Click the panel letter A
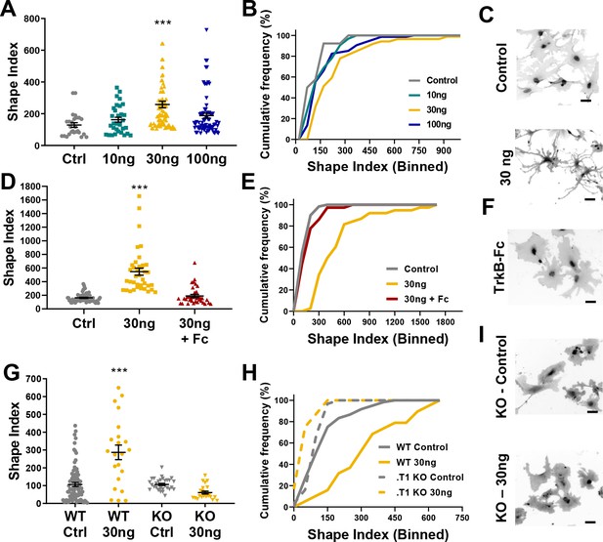coord(8,9)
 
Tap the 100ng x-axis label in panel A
coord(206,159)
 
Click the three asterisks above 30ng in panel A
coord(162,23)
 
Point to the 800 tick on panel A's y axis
coord(32,19)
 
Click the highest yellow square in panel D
coord(139,196)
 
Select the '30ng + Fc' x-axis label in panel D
coord(194,331)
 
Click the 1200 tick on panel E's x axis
coord(395,321)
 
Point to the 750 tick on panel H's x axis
coord(461,518)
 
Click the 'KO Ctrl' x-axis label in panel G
coord(161,524)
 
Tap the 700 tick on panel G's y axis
coord(33,379)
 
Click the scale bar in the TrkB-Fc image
coord(590,302)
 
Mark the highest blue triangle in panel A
coord(206,29)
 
